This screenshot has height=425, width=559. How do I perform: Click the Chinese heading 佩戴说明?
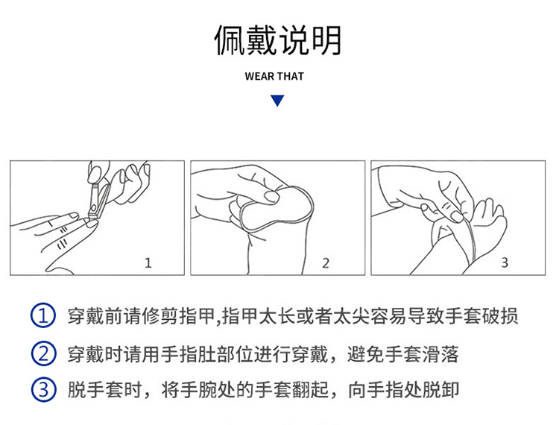(x=277, y=40)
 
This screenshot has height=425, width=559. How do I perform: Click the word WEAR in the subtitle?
(x=260, y=76)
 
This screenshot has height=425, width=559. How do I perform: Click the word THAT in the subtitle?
(x=291, y=76)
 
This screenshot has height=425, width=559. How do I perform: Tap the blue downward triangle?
(x=277, y=101)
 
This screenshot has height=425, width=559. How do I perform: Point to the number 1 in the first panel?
(x=148, y=263)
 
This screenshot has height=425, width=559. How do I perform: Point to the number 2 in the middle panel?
(x=326, y=263)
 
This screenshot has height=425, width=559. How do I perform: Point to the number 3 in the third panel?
(x=505, y=262)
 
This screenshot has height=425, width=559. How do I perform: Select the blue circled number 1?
(x=43, y=315)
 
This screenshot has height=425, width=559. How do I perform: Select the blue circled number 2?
(x=43, y=353)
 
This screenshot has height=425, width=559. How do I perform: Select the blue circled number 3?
(x=43, y=389)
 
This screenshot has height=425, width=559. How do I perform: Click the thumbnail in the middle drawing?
(x=271, y=196)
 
